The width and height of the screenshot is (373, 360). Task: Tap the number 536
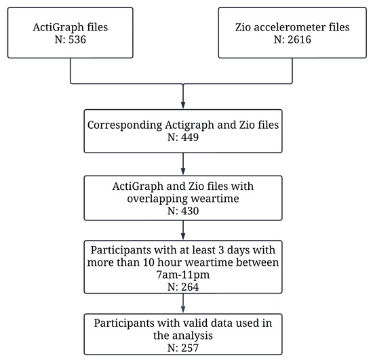click(x=78, y=41)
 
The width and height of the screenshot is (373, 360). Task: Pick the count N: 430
click(x=184, y=212)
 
